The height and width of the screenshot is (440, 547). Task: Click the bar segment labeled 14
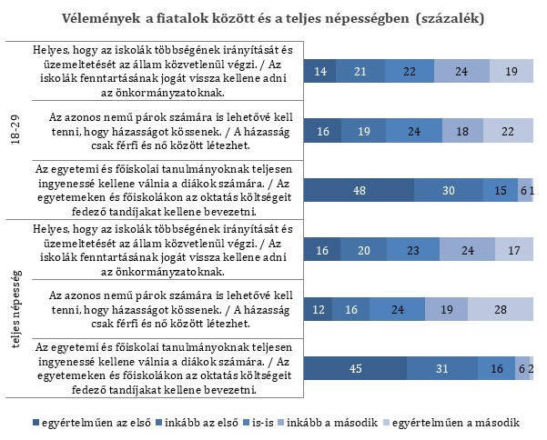pos(319,71)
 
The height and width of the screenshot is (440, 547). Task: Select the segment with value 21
pos(360,71)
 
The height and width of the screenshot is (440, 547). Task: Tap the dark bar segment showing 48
pos(359,190)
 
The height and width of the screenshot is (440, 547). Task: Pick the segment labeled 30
pos(449,190)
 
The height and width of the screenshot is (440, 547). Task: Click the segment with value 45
pos(355,368)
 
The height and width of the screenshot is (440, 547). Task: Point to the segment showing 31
pos(442,368)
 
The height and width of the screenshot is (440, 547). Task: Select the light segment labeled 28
pos(501,309)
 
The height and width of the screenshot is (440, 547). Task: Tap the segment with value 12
pos(318,309)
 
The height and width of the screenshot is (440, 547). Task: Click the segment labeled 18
pos(462,131)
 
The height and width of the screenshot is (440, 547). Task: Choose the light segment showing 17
pos(514,250)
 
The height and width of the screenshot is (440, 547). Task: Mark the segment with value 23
pos(413,250)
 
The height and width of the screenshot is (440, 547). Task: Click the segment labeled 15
pos(501,190)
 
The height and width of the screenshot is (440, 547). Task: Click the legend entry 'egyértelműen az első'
pos(92,423)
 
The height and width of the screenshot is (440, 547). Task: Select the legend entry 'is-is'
pos(258,423)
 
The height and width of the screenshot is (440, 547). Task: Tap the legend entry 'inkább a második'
pos(328,423)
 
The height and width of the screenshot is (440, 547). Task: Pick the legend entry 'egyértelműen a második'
pos(451,423)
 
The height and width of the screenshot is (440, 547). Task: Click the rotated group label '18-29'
pos(15,130)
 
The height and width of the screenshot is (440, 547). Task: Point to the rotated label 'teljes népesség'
pos(16,309)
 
